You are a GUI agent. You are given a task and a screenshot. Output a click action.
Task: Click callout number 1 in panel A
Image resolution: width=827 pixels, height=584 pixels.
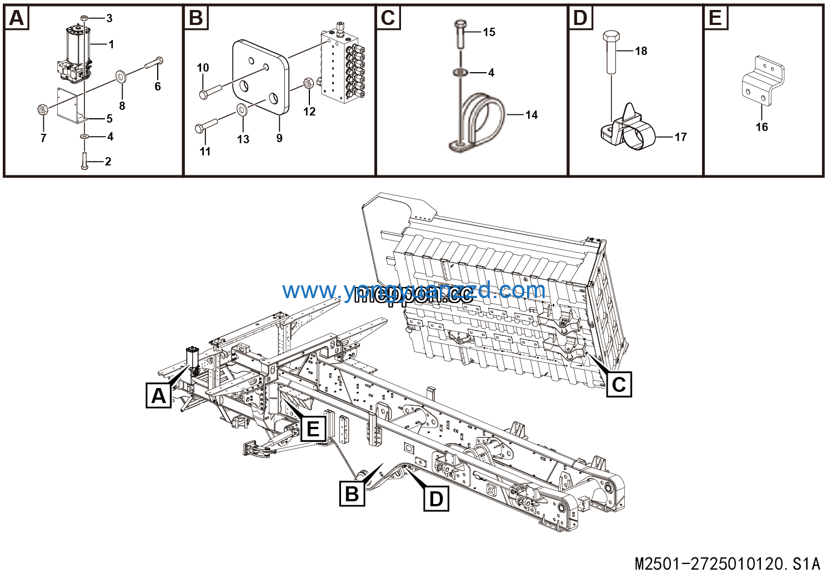[x=111, y=44]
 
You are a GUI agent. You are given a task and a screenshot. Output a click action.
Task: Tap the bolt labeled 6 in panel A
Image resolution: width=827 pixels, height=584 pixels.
[x=153, y=63]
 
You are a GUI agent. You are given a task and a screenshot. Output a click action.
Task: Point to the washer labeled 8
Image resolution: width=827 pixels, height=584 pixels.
[x=121, y=76]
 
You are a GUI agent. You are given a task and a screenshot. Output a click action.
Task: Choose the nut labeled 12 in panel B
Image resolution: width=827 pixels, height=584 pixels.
[x=308, y=84]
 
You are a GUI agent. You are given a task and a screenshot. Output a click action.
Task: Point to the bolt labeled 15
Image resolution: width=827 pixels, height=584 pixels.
[x=460, y=32]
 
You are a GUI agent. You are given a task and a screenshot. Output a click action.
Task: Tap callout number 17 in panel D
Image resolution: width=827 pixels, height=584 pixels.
[x=680, y=137]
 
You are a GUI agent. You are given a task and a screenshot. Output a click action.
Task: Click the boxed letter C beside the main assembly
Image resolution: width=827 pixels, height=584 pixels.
[x=619, y=384]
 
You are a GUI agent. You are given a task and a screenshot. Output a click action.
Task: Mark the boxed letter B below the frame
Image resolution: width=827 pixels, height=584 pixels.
[x=352, y=494]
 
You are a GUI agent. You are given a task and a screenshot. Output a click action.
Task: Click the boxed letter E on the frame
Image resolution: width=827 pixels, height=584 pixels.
[x=313, y=429]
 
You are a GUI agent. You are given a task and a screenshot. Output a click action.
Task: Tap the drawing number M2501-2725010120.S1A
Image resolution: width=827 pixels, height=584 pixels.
[x=727, y=564]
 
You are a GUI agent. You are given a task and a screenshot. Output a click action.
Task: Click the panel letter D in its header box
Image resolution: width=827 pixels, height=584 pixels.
[x=580, y=18]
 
